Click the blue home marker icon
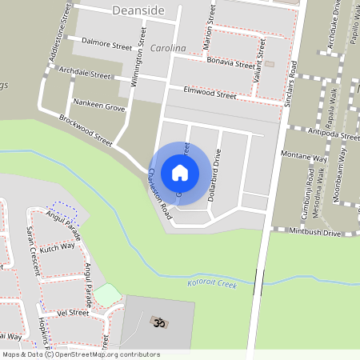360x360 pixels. (x=179, y=172)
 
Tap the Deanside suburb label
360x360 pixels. (x=138, y=10)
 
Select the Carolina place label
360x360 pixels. (x=168, y=48)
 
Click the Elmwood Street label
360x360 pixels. (x=210, y=93)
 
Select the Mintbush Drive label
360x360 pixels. (x=316, y=233)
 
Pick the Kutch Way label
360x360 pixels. (x=58, y=248)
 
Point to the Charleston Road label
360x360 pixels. (x=159, y=194)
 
